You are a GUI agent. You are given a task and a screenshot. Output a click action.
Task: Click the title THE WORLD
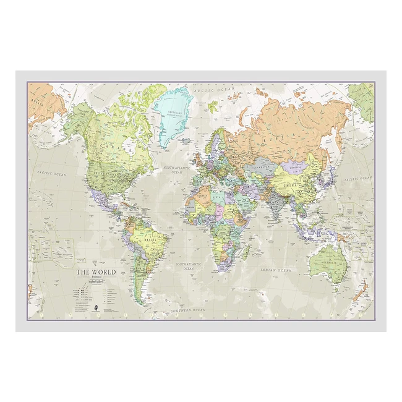pyautogui.click(x=92, y=272)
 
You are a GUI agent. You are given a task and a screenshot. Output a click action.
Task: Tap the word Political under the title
pyautogui.click(x=92, y=278)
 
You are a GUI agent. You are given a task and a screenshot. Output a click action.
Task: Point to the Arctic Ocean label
pyautogui.click(x=210, y=90)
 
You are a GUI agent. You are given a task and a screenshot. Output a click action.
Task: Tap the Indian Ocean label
pyautogui.click(x=276, y=270)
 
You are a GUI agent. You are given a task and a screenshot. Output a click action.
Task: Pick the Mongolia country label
pyautogui.click(x=295, y=167)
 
